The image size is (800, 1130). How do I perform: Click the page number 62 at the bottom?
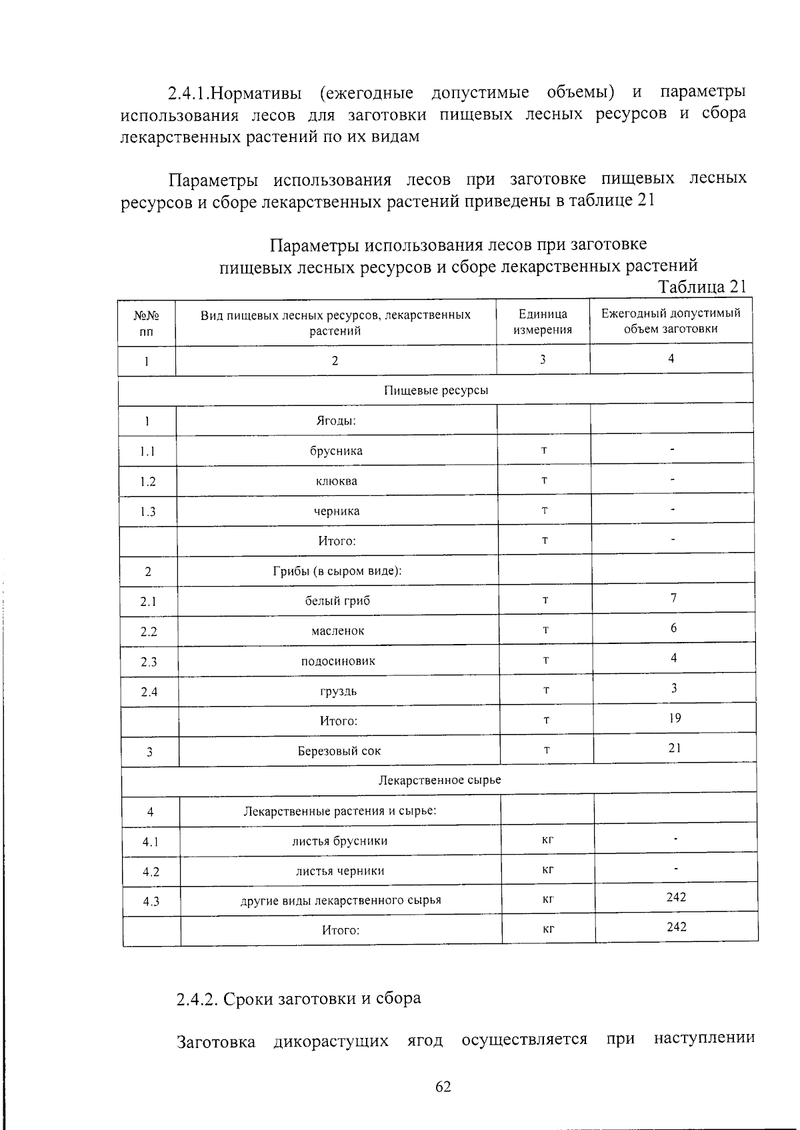(x=443, y=1087)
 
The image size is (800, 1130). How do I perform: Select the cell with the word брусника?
(x=337, y=451)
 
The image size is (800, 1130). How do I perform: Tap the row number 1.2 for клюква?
(x=148, y=481)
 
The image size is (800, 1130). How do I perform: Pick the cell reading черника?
(x=337, y=511)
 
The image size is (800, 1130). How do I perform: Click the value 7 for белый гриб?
(x=673, y=597)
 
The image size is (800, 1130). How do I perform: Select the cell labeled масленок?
(x=338, y=631)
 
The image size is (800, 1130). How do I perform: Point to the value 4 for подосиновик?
(x=674, y=658)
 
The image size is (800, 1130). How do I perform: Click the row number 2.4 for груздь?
(x=149, y=692)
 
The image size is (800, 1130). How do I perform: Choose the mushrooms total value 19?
(x=675, y=718)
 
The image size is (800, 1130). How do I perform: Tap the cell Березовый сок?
(x=339, y=751)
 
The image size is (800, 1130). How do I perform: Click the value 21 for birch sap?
(x=675, y=748)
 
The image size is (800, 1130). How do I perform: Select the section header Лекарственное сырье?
(x=439, y=780)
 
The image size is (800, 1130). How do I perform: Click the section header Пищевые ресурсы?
(x=436, y=390)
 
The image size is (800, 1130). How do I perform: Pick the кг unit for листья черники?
(x=548, y=869)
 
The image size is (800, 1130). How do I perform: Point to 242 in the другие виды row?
(x=676, y=897)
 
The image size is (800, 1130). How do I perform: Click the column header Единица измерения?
(x=543, y=321)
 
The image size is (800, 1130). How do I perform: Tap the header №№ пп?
(x=147, y=323)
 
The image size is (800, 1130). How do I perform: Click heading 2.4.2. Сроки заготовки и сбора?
(x=299, y=999)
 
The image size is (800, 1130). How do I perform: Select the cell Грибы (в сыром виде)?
(x=337, y=571)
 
